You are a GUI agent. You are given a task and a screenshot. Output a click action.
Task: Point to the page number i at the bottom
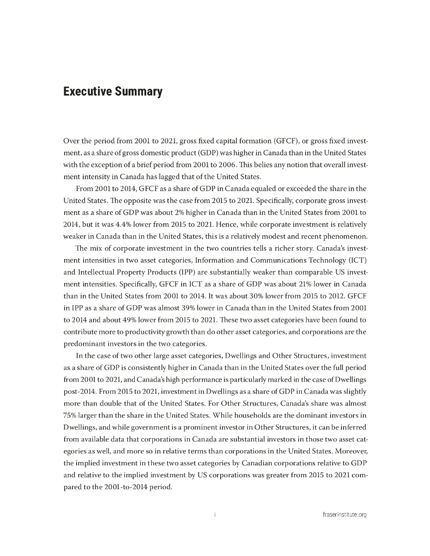coord(216,516)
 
